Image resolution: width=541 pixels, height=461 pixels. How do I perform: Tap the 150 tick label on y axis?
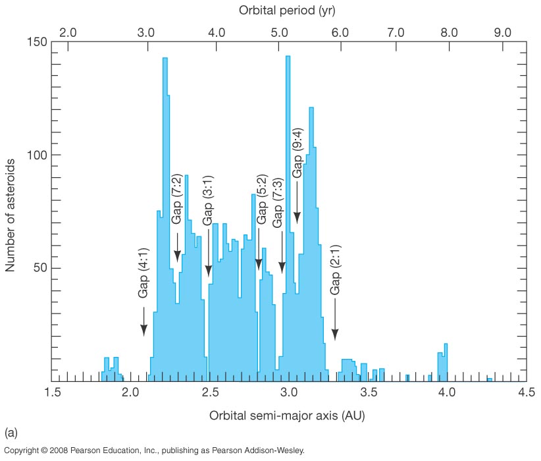pyautogui.click(x=37, y=42)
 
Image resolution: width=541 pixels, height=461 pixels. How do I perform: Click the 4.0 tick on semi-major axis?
pyautogui.click(x=447, y=394)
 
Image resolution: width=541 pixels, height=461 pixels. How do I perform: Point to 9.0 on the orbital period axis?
pyautogui.click(x=503, y=31)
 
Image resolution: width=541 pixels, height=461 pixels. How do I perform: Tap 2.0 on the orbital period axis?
pyautogui.click(x=69, y=31)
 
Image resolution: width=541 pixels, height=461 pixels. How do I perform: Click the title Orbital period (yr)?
pyautogui.click(x=289, y=11)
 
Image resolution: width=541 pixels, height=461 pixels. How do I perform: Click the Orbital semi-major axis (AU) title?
pyautogui.click(x=288, y=416)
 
